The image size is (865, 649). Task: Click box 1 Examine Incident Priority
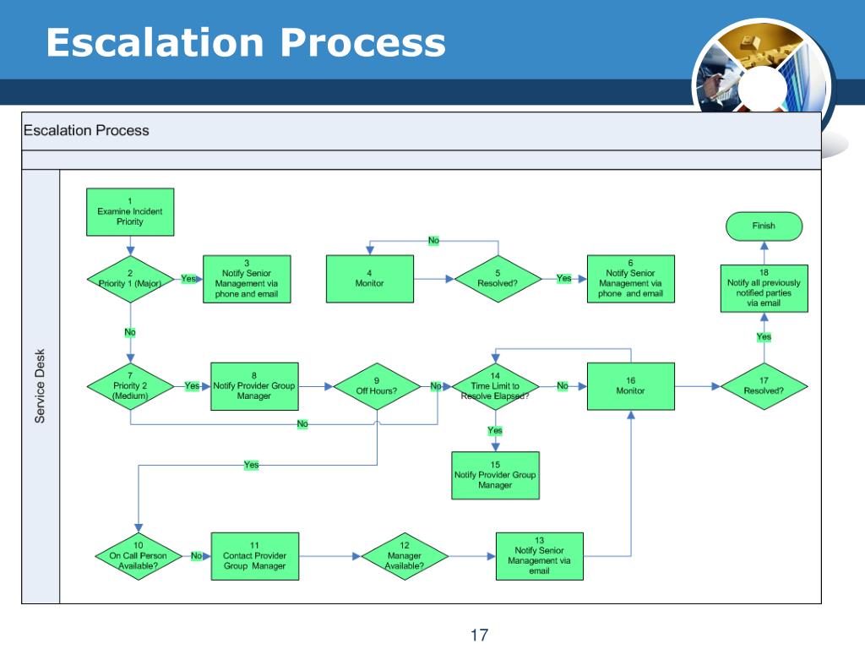[130, 211]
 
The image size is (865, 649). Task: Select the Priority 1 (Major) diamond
[130, 279]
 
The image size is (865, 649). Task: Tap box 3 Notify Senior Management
[246, 279]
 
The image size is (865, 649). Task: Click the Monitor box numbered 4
[370, 279]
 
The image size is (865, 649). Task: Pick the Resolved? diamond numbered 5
[497, 279]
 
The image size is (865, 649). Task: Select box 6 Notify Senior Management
[630, 279]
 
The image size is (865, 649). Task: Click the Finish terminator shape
[763, 226]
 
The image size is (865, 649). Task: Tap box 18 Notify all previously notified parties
[764, 288]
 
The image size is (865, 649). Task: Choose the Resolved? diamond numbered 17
[764, 386]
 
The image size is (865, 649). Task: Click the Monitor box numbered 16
[630, 386]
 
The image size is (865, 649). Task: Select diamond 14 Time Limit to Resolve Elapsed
[496, 386]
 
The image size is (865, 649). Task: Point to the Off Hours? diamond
[376, 386]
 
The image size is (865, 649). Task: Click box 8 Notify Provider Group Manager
[254, 386]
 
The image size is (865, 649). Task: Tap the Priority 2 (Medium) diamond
[130, 386]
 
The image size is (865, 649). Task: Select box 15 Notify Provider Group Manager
[495, 475]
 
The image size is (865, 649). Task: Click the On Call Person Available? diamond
[138, 556]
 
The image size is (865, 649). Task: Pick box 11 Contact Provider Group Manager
[254, 556]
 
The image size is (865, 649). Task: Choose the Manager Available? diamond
[404, 556]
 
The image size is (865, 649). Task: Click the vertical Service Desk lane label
[41, 386]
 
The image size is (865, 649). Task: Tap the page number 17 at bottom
[480, 635]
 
